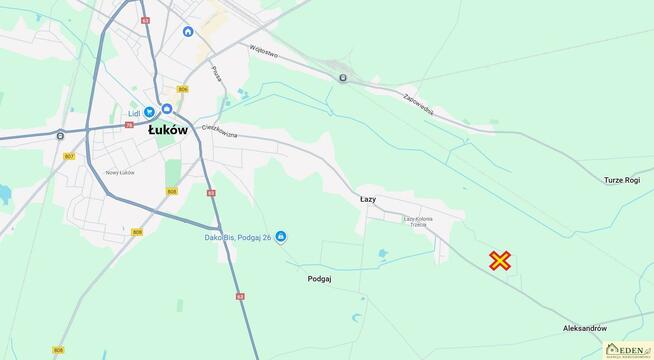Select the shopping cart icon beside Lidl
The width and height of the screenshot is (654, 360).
[149, 112]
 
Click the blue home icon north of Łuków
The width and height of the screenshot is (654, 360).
[187, 31]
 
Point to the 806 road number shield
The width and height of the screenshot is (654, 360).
[182, 91]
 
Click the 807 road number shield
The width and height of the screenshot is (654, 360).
[69, 157]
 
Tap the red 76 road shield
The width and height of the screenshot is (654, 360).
[129, 125]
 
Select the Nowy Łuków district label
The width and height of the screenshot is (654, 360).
[120, 173]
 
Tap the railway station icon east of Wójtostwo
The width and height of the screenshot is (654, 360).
[342, 76]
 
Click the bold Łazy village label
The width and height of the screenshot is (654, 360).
[368, 200]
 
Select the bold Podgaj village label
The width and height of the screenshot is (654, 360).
[320, 280]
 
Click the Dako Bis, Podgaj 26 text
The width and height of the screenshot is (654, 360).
[233, 237]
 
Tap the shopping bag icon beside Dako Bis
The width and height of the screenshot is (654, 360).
[281, 236]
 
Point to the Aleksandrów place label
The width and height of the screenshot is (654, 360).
[585, 328]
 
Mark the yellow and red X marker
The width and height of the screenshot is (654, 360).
[500, 261]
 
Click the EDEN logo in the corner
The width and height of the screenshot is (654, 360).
[627, 349]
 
